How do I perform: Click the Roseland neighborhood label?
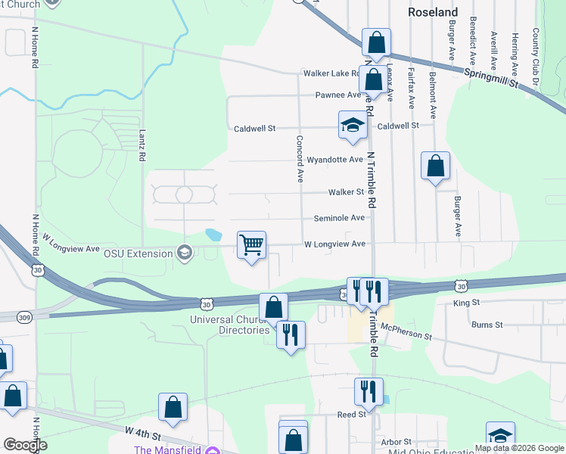click(x=433, y=13)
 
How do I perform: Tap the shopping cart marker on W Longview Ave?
click(x=251, y=245)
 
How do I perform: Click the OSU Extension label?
click(x=138, y=253)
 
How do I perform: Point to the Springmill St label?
click(x=493, y=78)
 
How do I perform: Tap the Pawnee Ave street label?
click(x=338, y=95)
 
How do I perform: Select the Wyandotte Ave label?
click(x=335, y=160)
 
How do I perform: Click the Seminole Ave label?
click(x=340, y=218)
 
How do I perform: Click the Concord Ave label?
click(x=300, y=159)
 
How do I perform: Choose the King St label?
click(x=466, y=303)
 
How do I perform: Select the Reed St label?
click(x=351, y=415)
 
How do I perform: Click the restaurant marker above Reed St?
click(x=369, y=391)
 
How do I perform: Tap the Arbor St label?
click(x=396, y=442)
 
